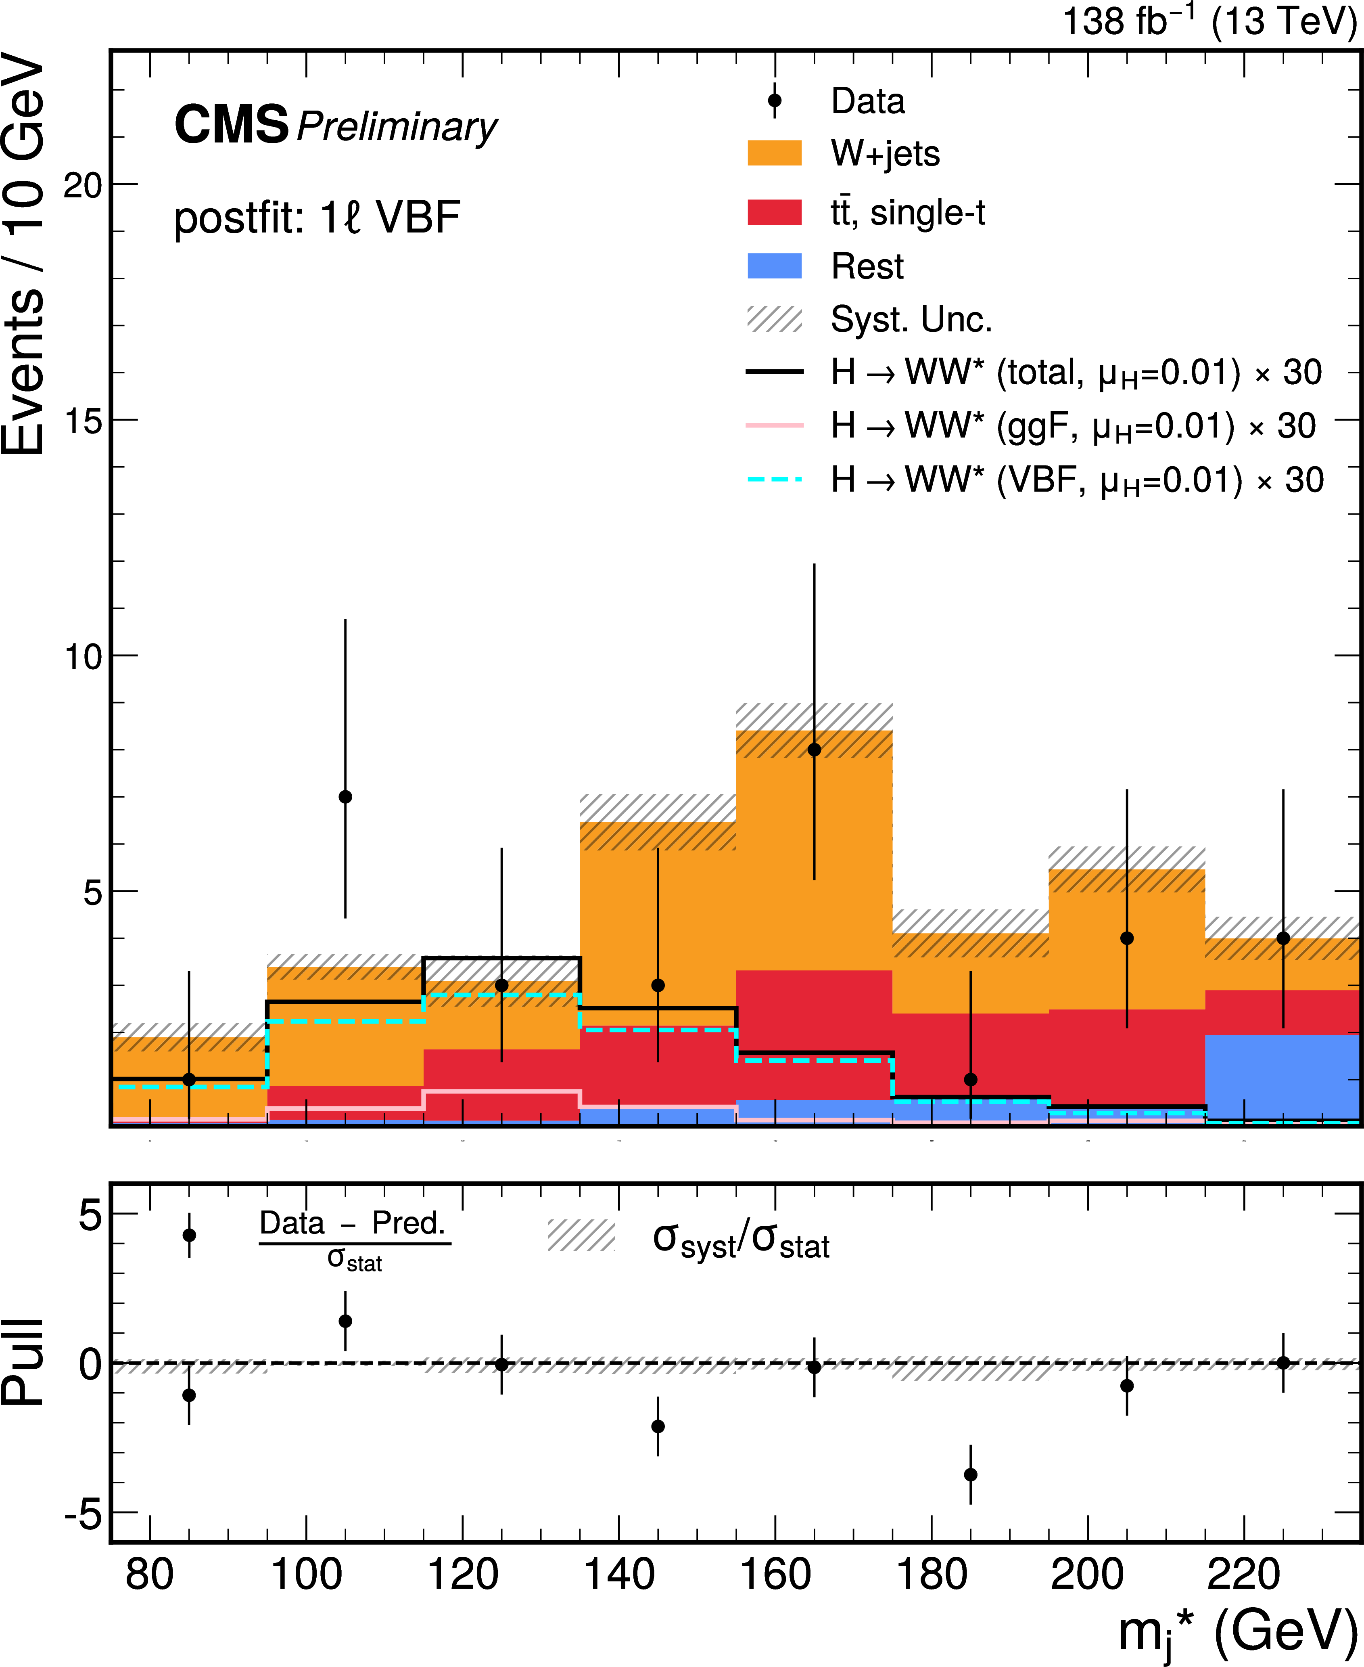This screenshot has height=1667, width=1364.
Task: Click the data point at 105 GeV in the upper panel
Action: coord(345,797)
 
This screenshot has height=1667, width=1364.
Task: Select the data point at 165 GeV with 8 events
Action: coord(814,750)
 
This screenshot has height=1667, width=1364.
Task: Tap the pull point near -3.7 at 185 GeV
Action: coord(970,1474)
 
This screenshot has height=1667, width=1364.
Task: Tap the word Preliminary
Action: coord(397,127)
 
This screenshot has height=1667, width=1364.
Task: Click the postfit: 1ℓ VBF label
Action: coord(317,218)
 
